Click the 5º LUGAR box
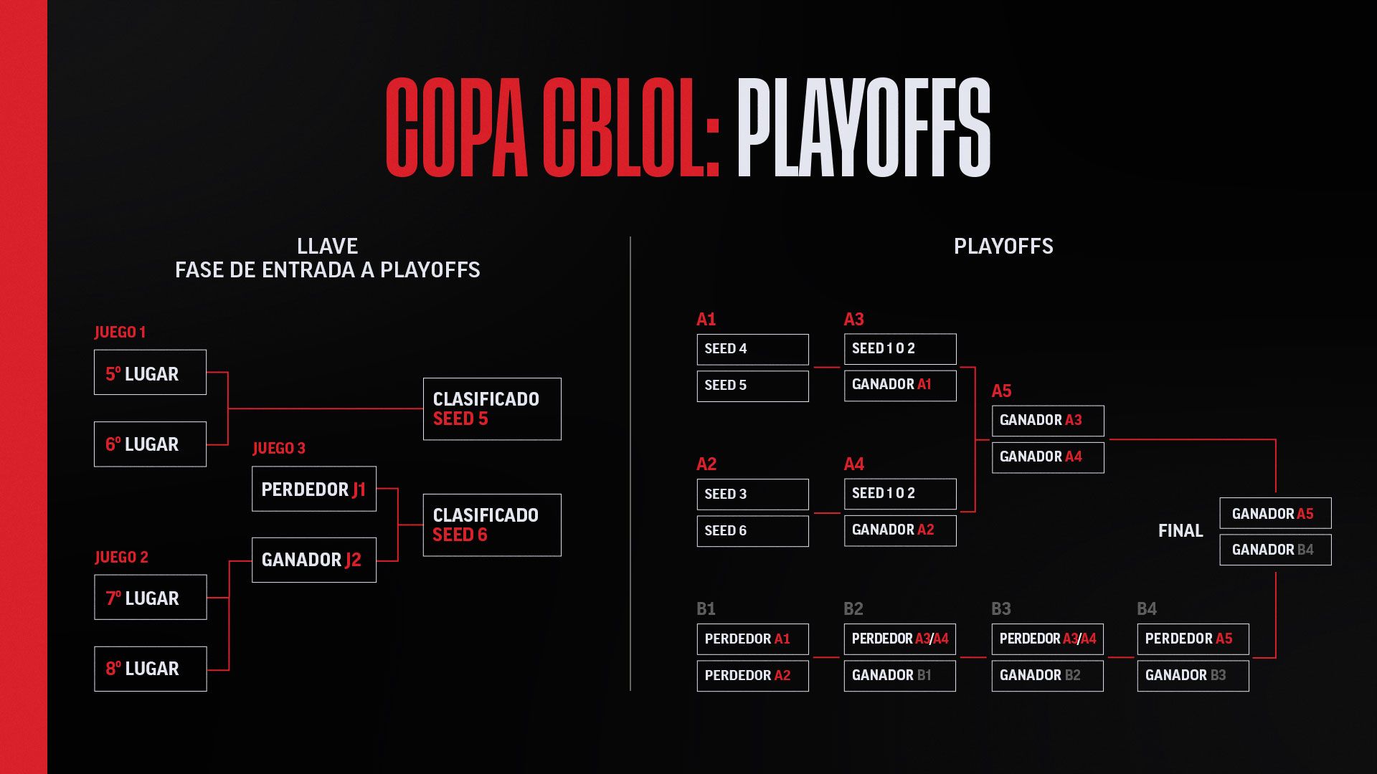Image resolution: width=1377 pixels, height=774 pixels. (x=150, y=372)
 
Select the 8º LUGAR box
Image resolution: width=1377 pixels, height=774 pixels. (x=150, y=669)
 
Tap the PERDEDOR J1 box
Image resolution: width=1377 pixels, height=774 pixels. (x=314, y=489)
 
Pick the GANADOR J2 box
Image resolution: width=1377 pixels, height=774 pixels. (x=314, y=560)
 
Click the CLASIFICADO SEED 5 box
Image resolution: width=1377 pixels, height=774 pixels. (x=492, y=408)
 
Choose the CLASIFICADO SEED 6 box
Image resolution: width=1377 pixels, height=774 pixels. (x=492, y=525)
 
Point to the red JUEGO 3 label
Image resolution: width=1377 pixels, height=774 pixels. (x=279, y=448)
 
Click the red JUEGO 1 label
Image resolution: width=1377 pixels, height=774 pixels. (x=120, y=332)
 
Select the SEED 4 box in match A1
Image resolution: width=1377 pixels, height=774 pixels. (x=752, y=349)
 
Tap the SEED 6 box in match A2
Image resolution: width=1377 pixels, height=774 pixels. (x=752, y=531)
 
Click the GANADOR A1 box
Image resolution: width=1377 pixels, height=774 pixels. (x=900, y=386)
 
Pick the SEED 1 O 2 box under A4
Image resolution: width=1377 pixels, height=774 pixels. (x=900, y=494)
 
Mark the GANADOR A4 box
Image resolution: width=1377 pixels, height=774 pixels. (x=1048, y=457)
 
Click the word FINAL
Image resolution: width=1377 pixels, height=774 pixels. (x=1180, y=531)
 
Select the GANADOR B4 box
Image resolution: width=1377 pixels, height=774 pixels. (x=1275, y=550)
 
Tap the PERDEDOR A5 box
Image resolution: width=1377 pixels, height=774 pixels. (x=1193, y=639)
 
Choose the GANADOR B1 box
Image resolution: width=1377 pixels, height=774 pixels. (x=900, y=676)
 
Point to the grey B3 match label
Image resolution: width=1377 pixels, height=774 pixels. (x=1001, y=608)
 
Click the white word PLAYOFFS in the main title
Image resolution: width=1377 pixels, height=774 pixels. (x=863, y=128)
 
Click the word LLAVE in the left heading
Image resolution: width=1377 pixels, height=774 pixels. (x=327, y=247)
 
